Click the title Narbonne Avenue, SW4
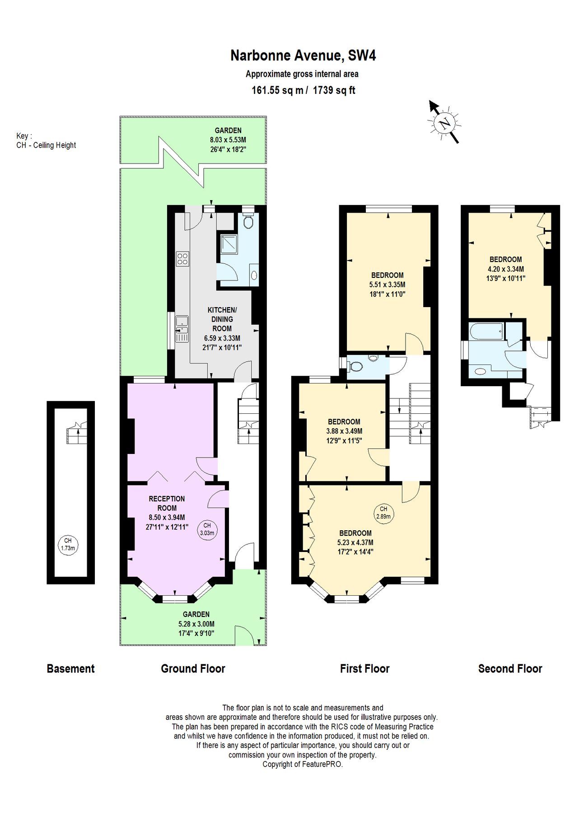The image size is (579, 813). tap(303, 56)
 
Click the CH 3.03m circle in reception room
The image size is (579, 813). tap(207, 529)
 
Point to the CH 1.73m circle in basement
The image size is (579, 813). tap(67, 544)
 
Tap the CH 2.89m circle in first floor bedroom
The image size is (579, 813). tap(383, 512)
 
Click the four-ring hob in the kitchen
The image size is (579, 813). tap(182, 258)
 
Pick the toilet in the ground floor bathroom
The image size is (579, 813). tap(247, 221)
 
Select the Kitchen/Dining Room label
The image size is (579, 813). tap(222, 319)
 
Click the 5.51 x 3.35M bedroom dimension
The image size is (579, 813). tap(387, 285)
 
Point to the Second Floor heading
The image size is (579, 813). tap(510, 668)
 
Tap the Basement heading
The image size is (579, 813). tap(70, 668)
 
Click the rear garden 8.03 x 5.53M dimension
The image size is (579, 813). tap(228, 140)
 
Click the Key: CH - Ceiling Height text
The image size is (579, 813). tap(46, 141)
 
